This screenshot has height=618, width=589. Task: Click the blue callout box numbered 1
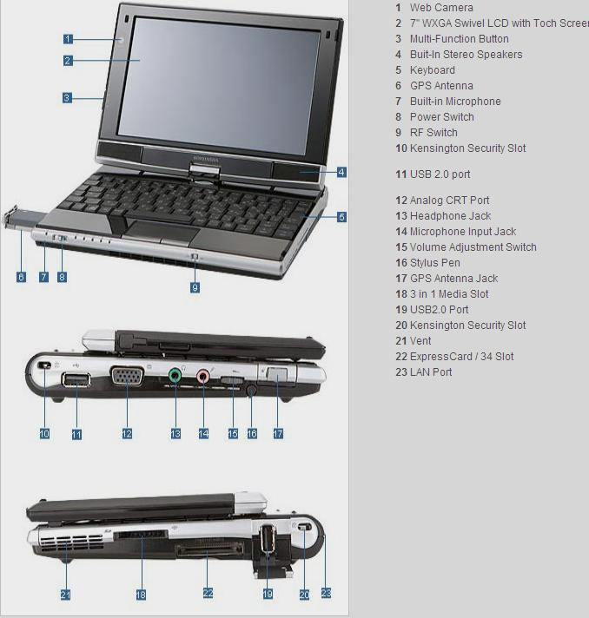point(68,39)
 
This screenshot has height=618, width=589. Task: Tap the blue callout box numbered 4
point(341,172)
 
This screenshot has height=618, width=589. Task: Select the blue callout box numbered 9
point(195,287)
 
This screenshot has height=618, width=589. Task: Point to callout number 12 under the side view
point(127,434)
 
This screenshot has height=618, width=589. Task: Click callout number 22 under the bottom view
point(208,593)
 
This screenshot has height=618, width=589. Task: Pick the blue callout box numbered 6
point(22,277)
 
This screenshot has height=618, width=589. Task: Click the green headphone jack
point(175,376)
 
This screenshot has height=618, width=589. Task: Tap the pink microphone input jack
point(202,377)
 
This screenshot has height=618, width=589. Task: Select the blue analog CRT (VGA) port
point(128,376)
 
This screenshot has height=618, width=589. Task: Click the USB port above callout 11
point(76,380)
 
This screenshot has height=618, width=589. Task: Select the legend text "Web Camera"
point(441,8)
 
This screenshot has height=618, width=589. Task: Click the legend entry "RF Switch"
point(433,133)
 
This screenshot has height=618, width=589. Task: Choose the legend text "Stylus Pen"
point(435,263)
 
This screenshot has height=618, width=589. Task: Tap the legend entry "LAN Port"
point(431,372)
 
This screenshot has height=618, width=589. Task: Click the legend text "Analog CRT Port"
point(450,201)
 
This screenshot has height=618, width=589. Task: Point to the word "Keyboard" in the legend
point(433,70)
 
